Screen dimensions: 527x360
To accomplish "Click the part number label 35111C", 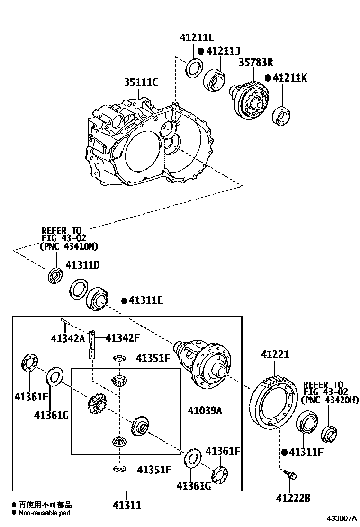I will click(141, 83).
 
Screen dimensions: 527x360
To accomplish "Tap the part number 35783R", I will click(255, 62).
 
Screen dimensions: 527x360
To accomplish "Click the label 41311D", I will click(82, 265).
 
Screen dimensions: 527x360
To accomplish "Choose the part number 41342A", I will click(68, 338).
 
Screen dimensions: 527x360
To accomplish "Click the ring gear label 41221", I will click(275, 354).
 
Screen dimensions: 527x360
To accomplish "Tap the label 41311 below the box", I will click(127, 505).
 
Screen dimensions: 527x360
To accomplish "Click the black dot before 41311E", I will click(124, 300).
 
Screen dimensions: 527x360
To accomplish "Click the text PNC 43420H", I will click(330, 400).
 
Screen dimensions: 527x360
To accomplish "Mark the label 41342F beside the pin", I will click(123, 338).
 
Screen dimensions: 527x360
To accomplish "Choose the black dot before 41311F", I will click(284, 452).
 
